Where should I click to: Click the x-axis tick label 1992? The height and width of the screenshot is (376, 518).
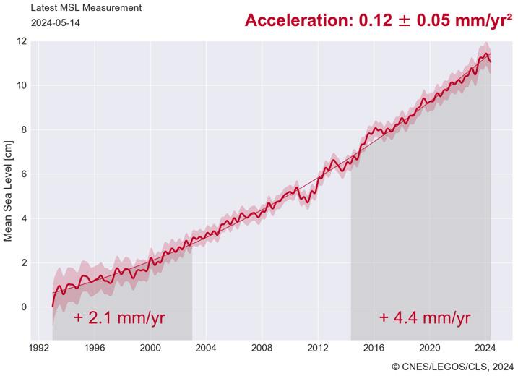[x=39, y=349]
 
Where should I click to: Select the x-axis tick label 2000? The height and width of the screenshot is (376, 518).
[x=150, y=349]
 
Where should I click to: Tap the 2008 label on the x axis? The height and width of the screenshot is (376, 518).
[x=262, y=349]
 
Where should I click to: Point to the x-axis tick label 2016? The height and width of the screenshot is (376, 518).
[x=374, y=349]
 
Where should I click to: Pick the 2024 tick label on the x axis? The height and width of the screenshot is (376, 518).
[x=485, y=349]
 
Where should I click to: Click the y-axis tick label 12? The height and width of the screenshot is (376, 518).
[x=22, y=41]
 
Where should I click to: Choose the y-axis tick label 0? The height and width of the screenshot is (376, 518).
[x=24, y=307]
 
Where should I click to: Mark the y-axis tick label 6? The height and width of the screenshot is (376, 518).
[x=24, y=174]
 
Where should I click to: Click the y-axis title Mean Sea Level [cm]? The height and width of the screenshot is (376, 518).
[x=8, y=191]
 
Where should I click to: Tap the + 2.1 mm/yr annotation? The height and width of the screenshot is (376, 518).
[x=119, y=318]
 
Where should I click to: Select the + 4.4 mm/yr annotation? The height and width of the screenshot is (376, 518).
[x=425, y=318]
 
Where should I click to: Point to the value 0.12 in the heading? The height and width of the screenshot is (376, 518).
[x=375, y=20]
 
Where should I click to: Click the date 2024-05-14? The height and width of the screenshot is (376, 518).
[x=56, y=23]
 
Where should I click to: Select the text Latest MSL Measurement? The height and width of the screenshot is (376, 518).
[x=86, y=8]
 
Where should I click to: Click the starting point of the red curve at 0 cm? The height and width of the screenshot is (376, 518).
[x=53, y=307]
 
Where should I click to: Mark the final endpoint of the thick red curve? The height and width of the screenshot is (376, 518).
[x=491, y=62]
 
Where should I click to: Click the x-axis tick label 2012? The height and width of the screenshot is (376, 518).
[x=318, y=349]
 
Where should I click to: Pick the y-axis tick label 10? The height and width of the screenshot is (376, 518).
[x=22, y=85]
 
